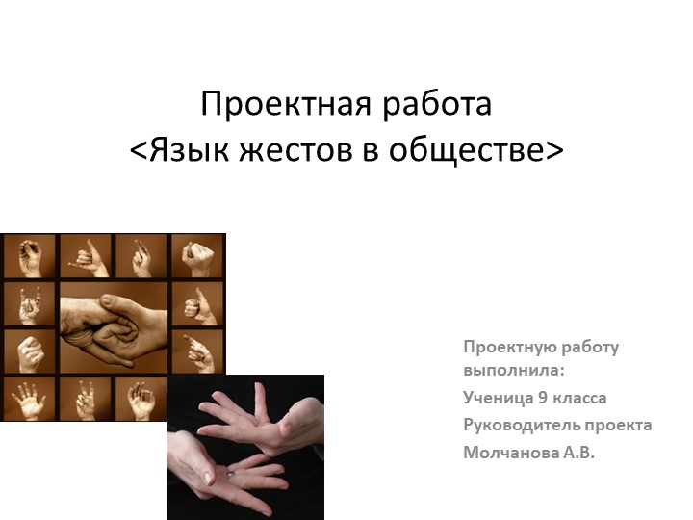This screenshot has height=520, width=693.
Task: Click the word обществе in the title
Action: (x=470, y=150)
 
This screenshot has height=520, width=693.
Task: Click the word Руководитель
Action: (x=520, y=425)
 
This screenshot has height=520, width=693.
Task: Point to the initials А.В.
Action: (x=575, y=452)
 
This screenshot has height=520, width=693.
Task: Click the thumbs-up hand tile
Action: (x=197, y=304)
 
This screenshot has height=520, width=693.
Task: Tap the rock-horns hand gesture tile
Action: (x=29, y=304)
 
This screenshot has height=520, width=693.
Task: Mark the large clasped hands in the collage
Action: (x=114, y=327)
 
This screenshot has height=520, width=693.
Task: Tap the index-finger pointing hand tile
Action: (x=197, y=351)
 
